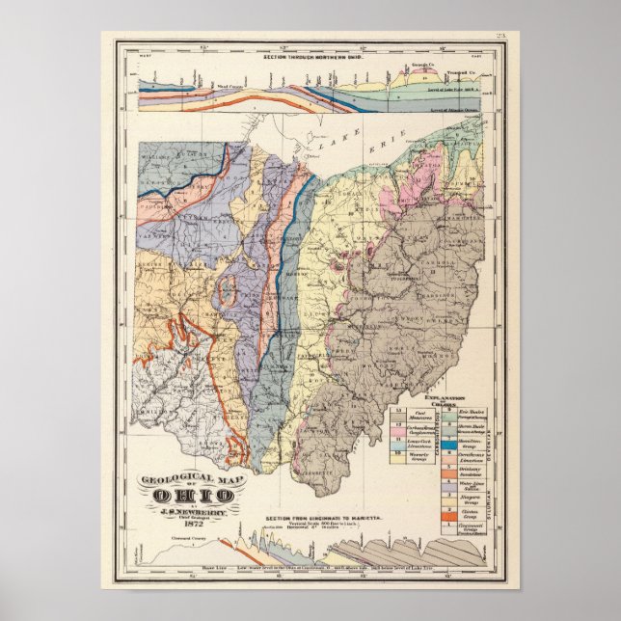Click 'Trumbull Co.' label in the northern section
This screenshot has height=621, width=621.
click(x=470, y=71)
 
